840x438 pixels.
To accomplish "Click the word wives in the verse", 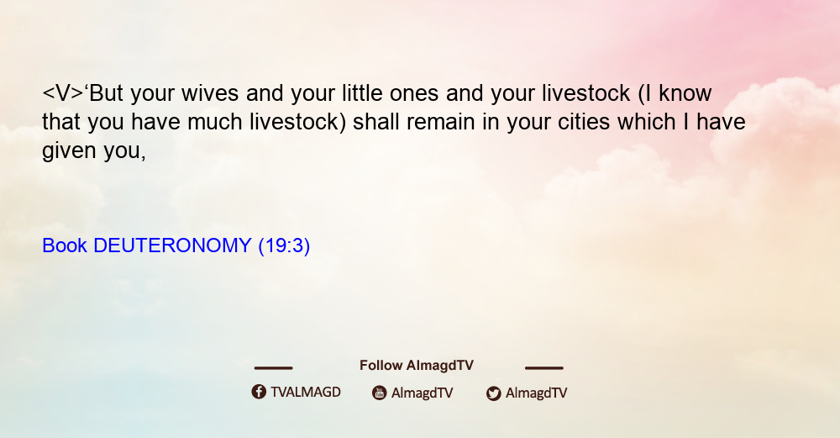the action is [x=210, y=93].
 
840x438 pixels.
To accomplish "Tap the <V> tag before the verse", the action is [x=63, y=93].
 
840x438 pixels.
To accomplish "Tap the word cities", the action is [x=584, y=122].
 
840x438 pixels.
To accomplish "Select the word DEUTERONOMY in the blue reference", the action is [x=172, y=245].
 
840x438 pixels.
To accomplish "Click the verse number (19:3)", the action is [x=284, y=246].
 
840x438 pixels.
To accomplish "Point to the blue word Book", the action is [x=65, y=245].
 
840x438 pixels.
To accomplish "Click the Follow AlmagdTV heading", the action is [x=417, y=366].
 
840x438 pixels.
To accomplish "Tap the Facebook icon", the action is [x=259, y=392].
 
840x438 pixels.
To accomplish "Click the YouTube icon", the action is [x=380, y=393].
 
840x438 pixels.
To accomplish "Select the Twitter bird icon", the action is [x=494, y=393].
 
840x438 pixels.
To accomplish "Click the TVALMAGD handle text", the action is [x=306, y=393].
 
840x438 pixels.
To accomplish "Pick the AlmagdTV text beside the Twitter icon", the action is [x=536, y=393].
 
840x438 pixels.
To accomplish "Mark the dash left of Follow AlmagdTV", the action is [x=273, y=368].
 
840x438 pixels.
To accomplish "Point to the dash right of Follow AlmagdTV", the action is [x=544, y=368].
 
